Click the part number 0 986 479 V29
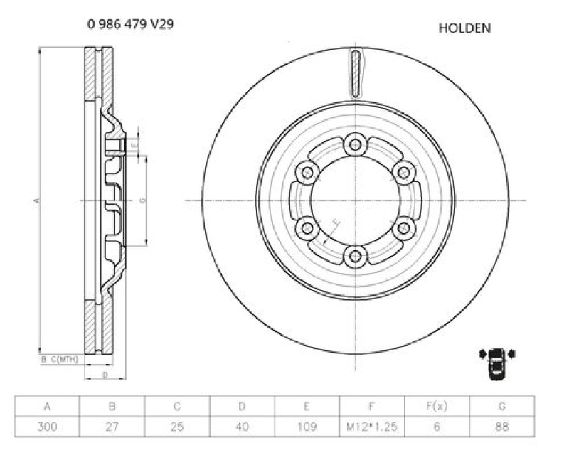(x=130, y=24)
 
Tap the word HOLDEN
(x=464, y=28)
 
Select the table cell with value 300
(x=47, y=427)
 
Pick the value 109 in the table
(x=307, y=427)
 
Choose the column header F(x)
(x=437, y=407)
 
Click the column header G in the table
(x=502, y=407)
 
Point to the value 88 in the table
(x=502, y=427)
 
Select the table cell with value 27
(x=112, y=427)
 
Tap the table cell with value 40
(x=242, y=427)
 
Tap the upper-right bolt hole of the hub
(x=403, y=172)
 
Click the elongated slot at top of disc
(x=356, y=74)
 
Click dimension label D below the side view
(x=105, y=374)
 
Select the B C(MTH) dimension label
(x=59, y=360)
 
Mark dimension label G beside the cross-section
(x=142, y=201)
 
